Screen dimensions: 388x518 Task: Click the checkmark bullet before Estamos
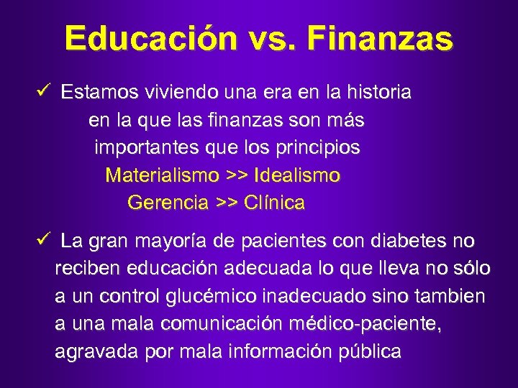coord(47,91)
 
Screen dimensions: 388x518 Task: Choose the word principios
coord(317,148)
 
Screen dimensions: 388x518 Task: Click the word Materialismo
coord(162,175)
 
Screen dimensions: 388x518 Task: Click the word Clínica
coord(274,203)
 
